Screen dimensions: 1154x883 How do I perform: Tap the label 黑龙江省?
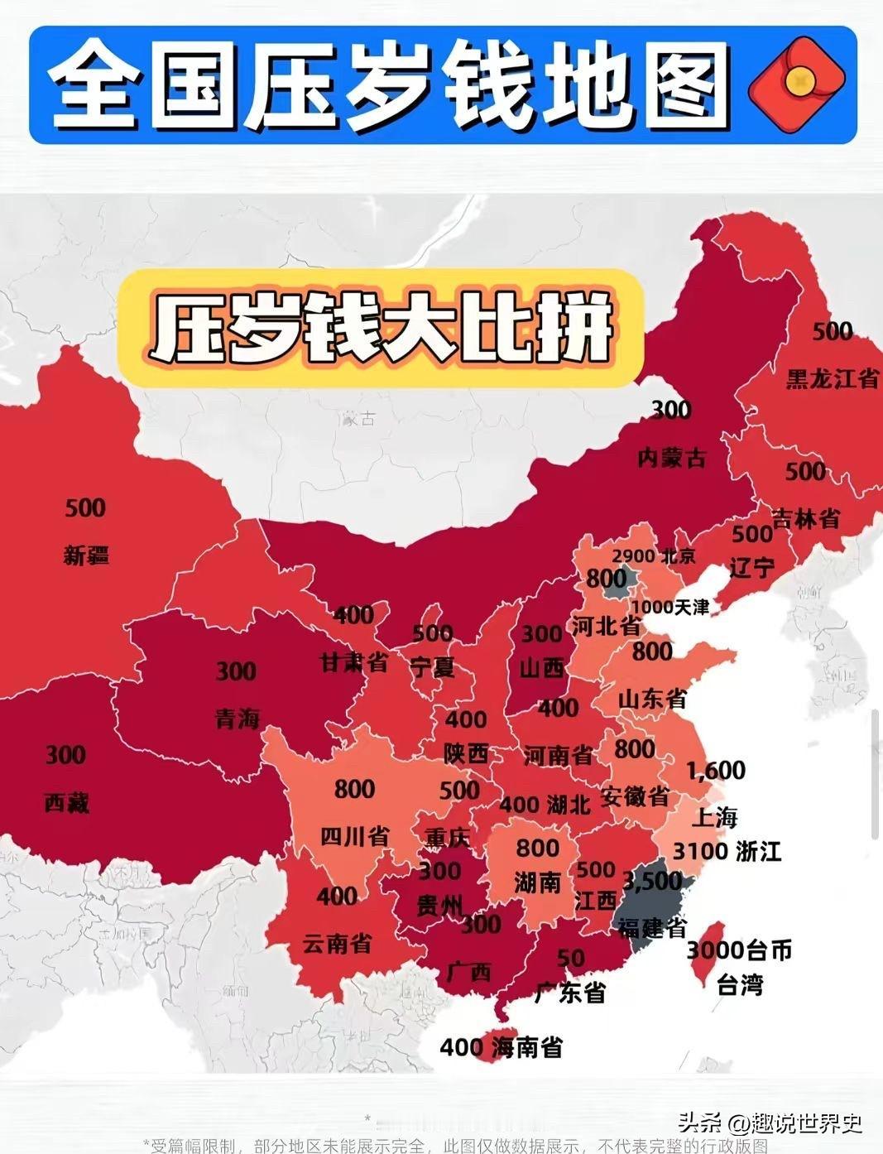831,379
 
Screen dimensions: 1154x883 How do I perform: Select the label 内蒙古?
671,456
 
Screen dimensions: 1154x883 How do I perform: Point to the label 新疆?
86,555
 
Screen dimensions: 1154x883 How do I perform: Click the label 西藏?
66,802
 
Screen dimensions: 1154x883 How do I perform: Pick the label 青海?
238,719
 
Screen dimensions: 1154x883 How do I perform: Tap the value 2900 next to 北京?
633,556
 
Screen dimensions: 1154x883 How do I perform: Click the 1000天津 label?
670,607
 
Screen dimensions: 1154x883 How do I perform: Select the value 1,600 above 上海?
716,771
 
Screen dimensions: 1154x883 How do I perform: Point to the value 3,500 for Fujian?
652,880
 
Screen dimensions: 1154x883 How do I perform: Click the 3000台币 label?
739,950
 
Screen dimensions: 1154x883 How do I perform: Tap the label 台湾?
739,985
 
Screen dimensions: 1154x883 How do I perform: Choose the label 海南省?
527,1047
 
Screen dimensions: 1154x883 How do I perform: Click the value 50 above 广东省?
570,958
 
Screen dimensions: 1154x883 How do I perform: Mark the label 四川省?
354,836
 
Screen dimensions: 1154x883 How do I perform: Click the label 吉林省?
805,518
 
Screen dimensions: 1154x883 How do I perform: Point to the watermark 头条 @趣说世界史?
770,1123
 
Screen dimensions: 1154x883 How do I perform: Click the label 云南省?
337,943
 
